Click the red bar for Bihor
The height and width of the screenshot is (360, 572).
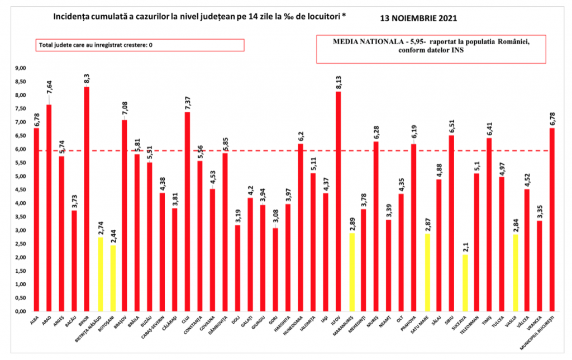(87, 198)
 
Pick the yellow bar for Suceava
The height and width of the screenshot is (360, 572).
(465, 282)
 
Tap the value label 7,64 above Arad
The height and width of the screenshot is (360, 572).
(49, 88)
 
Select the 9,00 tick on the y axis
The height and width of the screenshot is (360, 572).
(21, 68)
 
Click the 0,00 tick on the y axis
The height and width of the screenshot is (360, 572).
(21, 311)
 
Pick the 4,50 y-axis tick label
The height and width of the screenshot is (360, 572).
(21, 190)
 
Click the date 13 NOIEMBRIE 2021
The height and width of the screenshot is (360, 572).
(418, 18)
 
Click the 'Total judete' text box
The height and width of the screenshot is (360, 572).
(140, 45)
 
